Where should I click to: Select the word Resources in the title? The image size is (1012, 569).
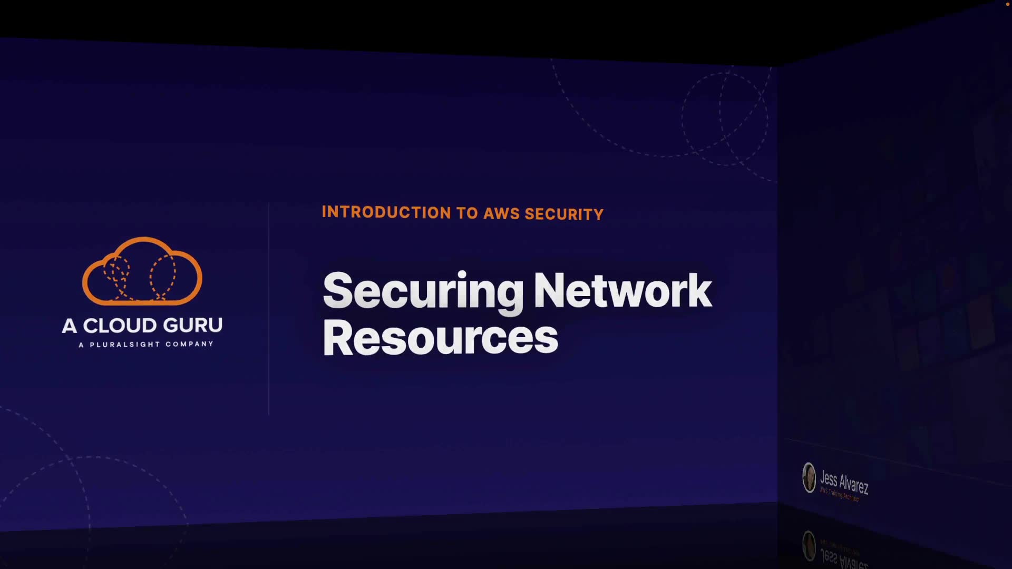pos(440,338)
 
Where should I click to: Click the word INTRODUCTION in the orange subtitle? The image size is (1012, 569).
pos(386,212)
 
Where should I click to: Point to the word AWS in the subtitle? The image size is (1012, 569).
pos(501,213)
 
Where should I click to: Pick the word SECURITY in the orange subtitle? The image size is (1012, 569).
pos(564,214)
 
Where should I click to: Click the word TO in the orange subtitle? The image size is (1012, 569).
pos(467,213)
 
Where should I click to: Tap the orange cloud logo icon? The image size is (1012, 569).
pos(142,271)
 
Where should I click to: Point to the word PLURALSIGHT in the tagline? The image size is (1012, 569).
pos(124,345)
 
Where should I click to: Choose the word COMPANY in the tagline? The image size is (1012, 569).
pos(189,344)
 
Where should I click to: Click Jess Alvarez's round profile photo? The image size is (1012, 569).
pos(809,477)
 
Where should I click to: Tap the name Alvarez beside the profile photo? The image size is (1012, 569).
pos(854,484)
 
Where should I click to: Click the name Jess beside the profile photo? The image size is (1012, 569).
pos(829,479)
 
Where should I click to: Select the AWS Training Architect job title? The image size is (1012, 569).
pos(840,495)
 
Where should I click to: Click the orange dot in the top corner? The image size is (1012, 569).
pos(1008,4)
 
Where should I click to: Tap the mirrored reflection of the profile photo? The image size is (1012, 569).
pos(809,545)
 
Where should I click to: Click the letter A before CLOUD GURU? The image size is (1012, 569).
pos(69,326)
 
